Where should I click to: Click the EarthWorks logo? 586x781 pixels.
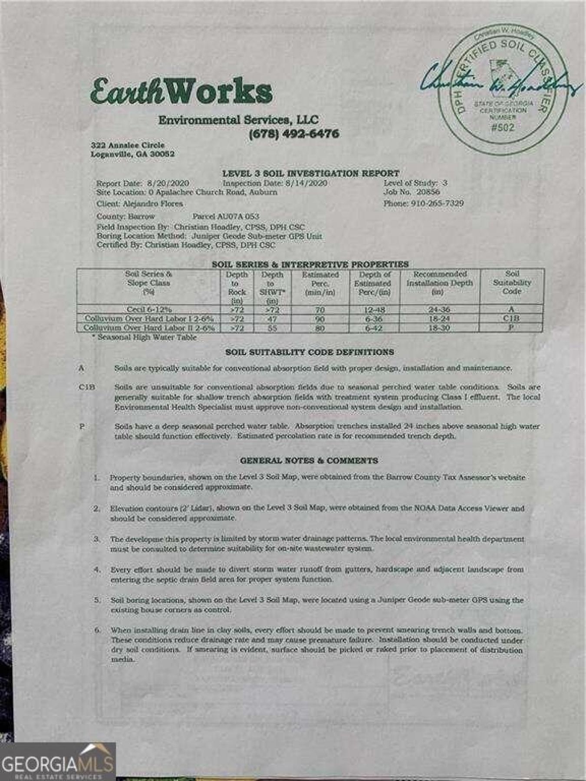coord(181,92)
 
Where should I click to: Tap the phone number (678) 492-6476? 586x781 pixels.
coord(294,134)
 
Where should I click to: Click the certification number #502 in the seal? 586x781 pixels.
coord(503,127)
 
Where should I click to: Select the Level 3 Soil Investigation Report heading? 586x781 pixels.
coord(311,173)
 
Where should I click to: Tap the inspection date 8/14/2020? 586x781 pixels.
coord(306,183)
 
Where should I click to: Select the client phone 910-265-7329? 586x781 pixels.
coord(437,203)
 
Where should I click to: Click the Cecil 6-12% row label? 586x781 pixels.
coord(149,309)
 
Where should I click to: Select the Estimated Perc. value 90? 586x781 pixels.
coord(320,319)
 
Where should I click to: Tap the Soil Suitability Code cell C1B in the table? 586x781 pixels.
coord(511,318)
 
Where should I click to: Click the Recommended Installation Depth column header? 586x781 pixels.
coord(439,283)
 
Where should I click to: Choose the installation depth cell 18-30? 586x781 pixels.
coord(439,328)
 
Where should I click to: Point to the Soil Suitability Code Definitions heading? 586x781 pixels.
coord(309,352)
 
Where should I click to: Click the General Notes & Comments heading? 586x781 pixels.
coord(309,460)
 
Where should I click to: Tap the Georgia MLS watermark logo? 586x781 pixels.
coord(57,762)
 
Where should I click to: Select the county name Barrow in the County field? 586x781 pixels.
coord(141,216)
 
